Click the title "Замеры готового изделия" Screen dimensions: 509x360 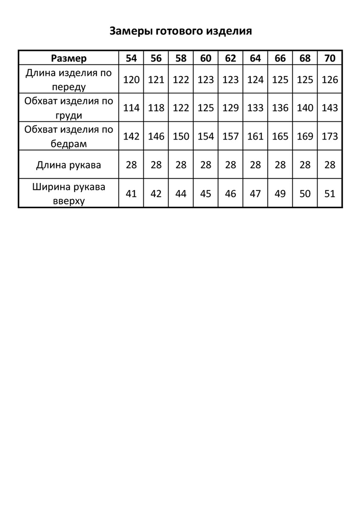pos(180,31)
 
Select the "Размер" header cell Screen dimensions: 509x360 pos(68,58)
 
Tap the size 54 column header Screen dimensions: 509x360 pos(131,58)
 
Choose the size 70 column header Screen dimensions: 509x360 pos(330,58)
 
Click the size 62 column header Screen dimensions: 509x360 pos(231,58)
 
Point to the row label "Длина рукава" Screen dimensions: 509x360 pos(68,165)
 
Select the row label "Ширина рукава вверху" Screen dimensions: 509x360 pos(68,193)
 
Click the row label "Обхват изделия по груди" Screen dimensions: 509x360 pos(68,108)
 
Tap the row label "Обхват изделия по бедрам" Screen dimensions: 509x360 pos(68,137)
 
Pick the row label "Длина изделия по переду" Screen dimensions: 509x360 pos(68,80)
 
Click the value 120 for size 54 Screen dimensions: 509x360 pos(131,80)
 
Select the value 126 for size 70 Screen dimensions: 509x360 pos(330,80)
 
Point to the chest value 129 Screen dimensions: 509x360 pos(231,108)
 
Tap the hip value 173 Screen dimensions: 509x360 pos(330,137)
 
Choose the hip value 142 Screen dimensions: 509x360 pos(131,137)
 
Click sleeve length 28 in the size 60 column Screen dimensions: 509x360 pos(206,165)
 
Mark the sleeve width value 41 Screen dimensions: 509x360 pos(131,194)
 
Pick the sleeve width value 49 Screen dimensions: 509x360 pos(280,194)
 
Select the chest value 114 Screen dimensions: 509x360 pos(131,108)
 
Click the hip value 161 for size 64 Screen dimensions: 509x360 pos(255,137)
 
